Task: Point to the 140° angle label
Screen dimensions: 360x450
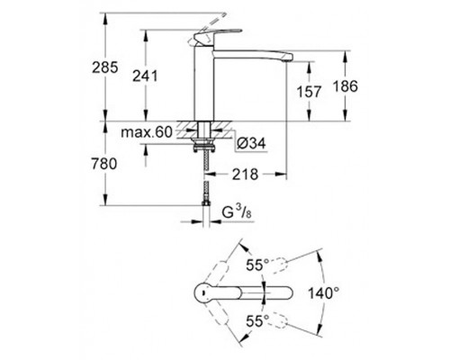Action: point(322,292)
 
